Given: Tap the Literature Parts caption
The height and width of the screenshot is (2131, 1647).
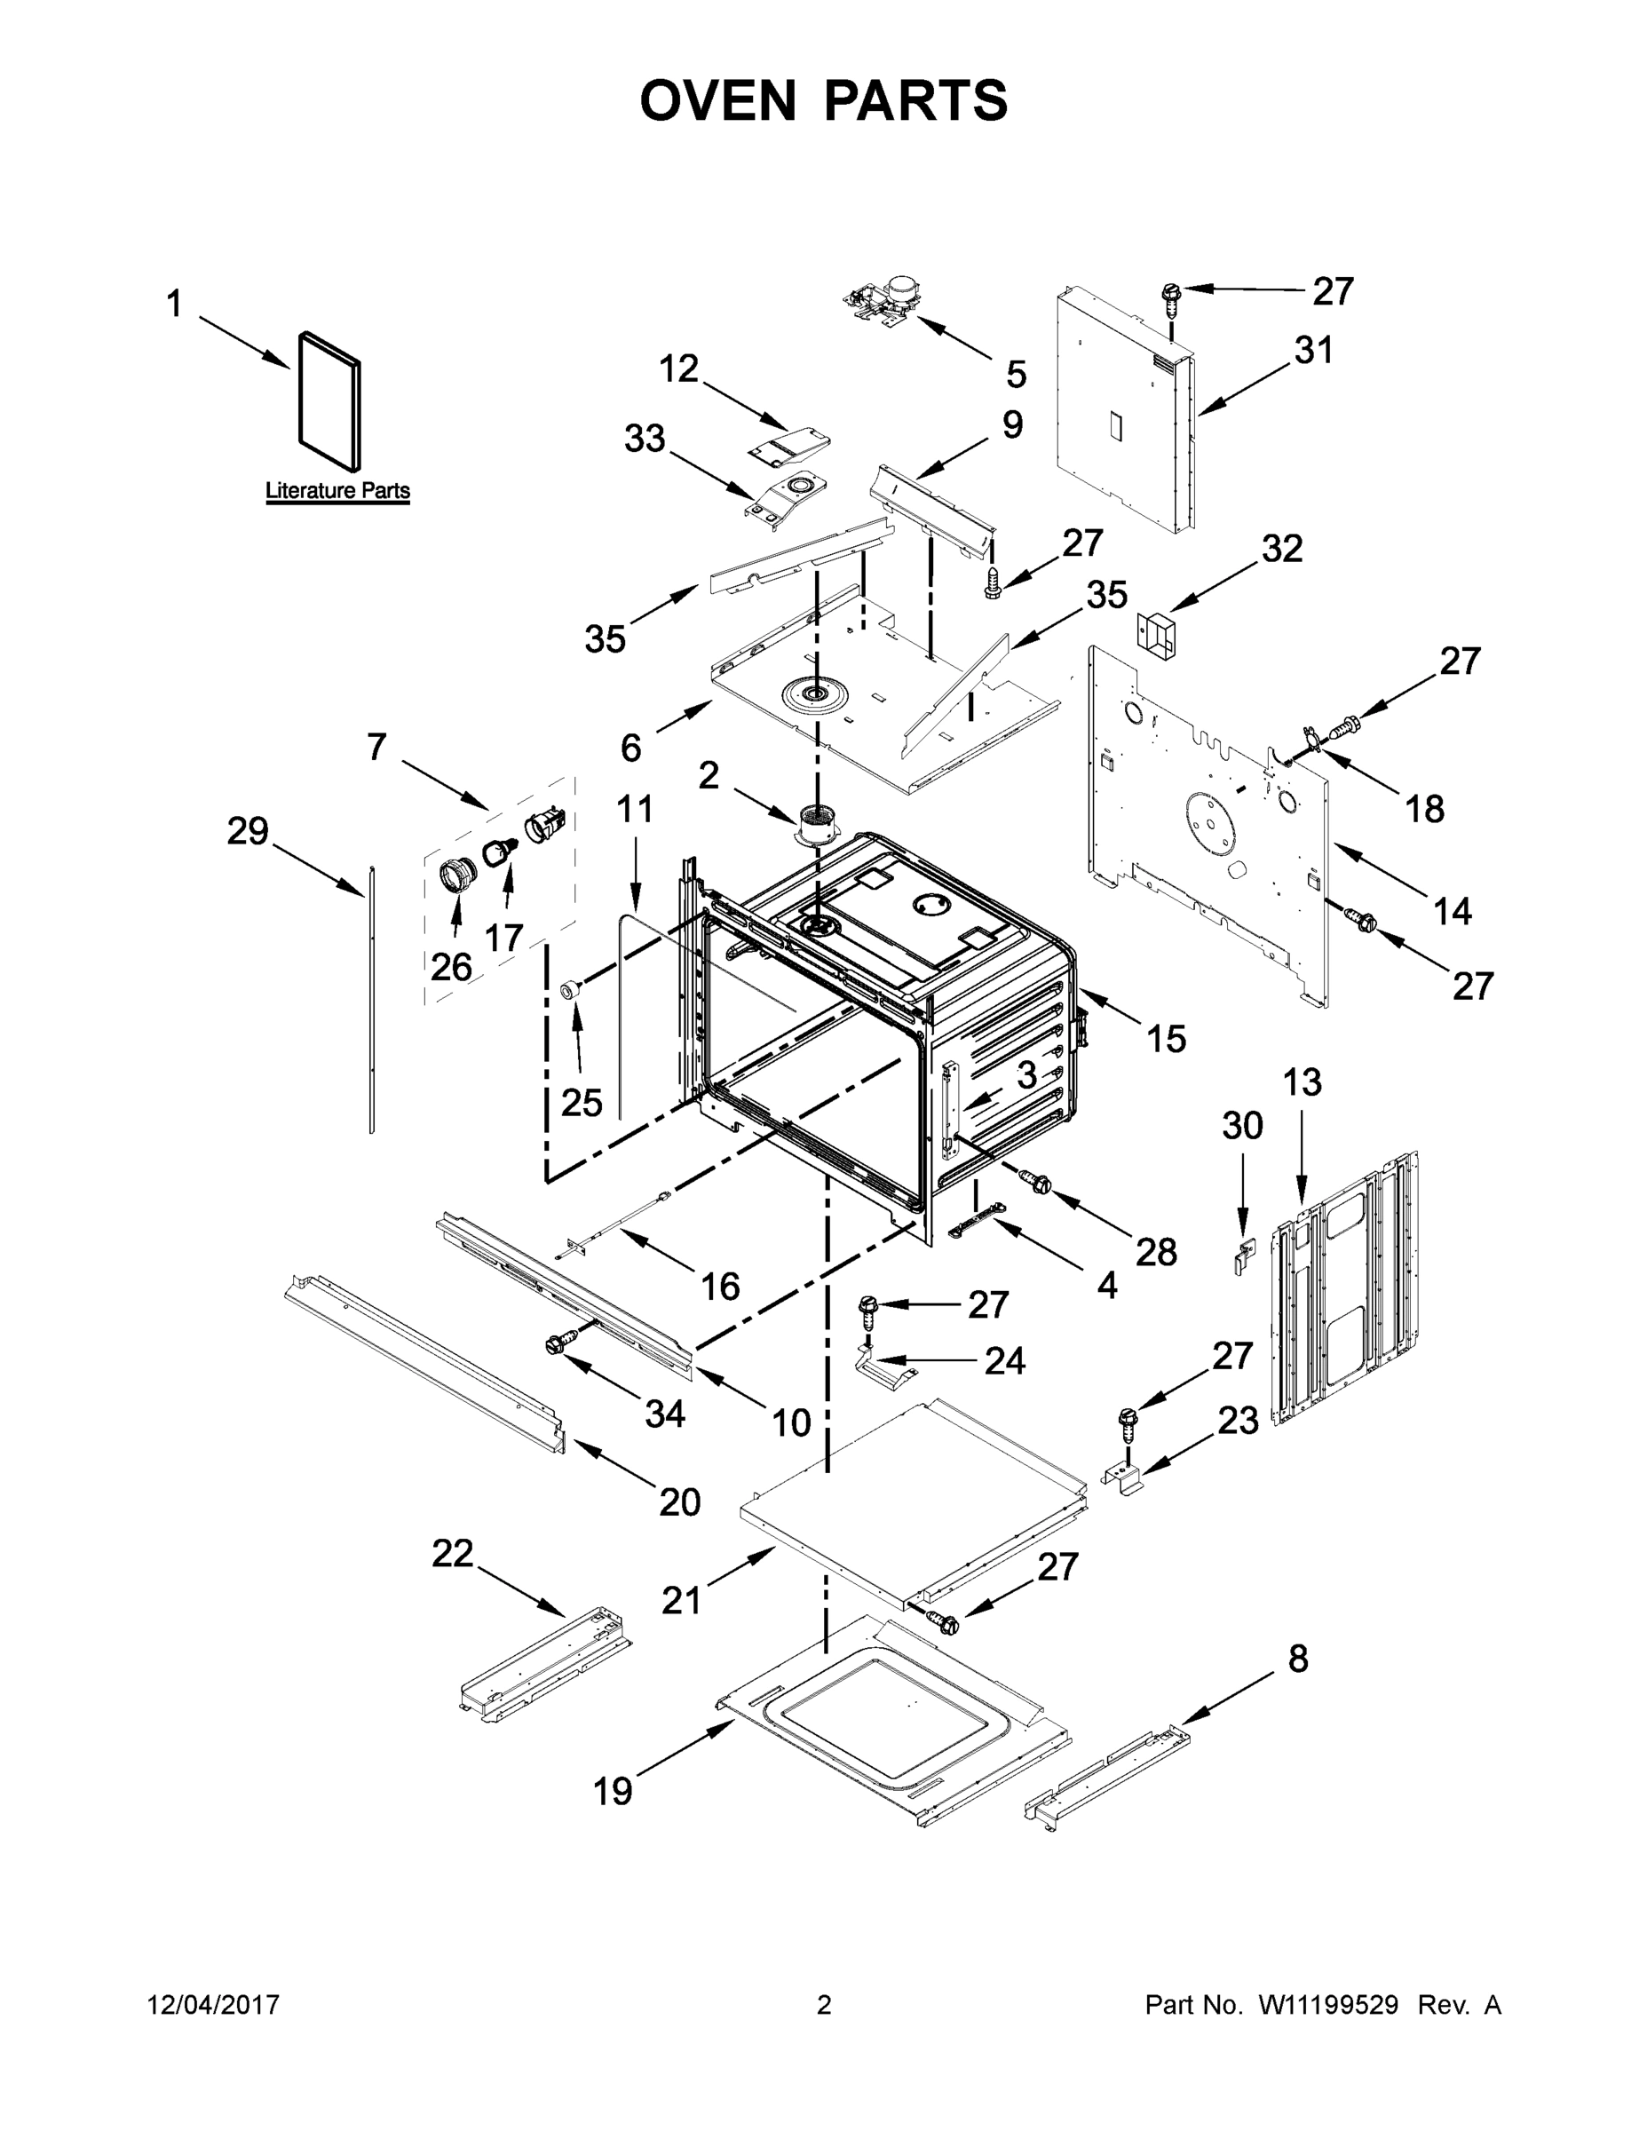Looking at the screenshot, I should pyautogui.click(x=337, y=491).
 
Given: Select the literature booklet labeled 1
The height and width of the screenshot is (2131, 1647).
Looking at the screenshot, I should pyautogui.click(x=329, y=400).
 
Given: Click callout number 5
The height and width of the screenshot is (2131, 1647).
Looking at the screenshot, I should pyautogui.click(x=1016, y=374).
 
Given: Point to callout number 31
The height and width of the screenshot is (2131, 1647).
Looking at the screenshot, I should pyautogui.click(x=1313, y=351).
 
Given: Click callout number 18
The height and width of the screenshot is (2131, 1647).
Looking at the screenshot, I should pyautogui.click(x=1423, y=808).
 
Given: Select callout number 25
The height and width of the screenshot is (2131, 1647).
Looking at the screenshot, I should pyautogui.click(x=582, y=1103).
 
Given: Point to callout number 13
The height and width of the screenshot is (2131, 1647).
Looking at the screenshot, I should pyautogui.click(x=1302, y=1081).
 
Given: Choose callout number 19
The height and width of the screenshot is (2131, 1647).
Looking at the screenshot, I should pyautogui.click(x=613, y=1792).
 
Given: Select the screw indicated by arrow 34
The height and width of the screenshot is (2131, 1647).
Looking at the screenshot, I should pyautogui.click(x=557, y=1344).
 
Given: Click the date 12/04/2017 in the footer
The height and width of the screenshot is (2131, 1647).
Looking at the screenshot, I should pyautogui.click(x=213, y=2005).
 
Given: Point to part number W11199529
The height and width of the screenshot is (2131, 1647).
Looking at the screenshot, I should pyautogui.click(x=1328, y=2005).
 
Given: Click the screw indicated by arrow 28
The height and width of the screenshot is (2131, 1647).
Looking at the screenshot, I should pyautogui.click(x=1034, y=1182).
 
